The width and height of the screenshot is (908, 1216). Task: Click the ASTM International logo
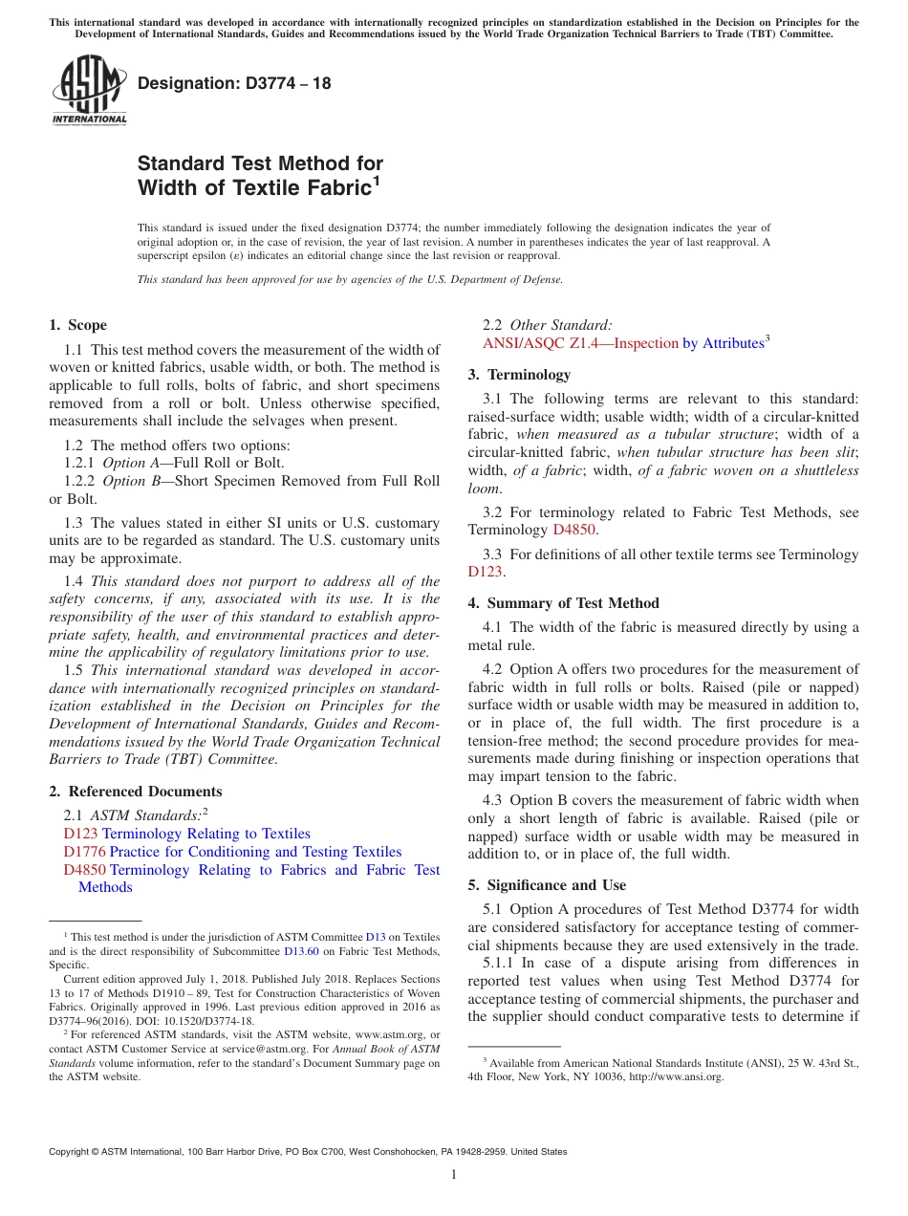click(89, 91)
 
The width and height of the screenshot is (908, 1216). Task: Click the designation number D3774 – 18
click(234, 83)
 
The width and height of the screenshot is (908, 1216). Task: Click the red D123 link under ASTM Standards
click(80, 834)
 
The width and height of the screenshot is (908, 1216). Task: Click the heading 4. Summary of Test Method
click(563, 603)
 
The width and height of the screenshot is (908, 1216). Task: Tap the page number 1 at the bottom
click(454, 1174)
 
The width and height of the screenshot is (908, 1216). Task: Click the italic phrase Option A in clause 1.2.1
click(124, 464)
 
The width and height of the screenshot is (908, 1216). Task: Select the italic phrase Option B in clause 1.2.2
click(124, 481)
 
